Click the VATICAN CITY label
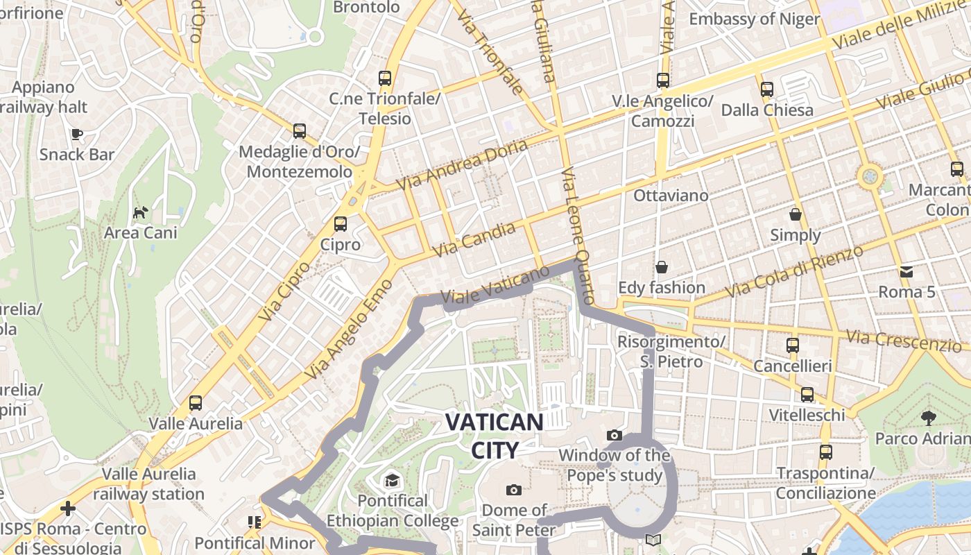[x=495, y=436]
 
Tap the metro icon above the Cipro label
[x=340, y=224]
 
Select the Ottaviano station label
[x=671, y=196]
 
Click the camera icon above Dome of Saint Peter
[x=513, y=490]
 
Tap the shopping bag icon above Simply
[x=795, y=214]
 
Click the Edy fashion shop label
[x=661, y=287]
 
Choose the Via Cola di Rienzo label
[x=794, y=271]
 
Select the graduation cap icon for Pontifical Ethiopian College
[x=392, y=480]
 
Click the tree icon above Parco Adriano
[x=928, y=418]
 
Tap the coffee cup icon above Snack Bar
[x=76, y=133]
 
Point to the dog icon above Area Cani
[x=140, y=212]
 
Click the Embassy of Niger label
[x=754, y=19]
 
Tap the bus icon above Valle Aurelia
[x=196, y=402]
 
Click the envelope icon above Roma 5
[x=906, y=271]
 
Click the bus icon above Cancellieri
[x=792, y=345]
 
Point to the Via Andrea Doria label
[x=462, y=164]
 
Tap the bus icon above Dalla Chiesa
[x=766, y=89]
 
